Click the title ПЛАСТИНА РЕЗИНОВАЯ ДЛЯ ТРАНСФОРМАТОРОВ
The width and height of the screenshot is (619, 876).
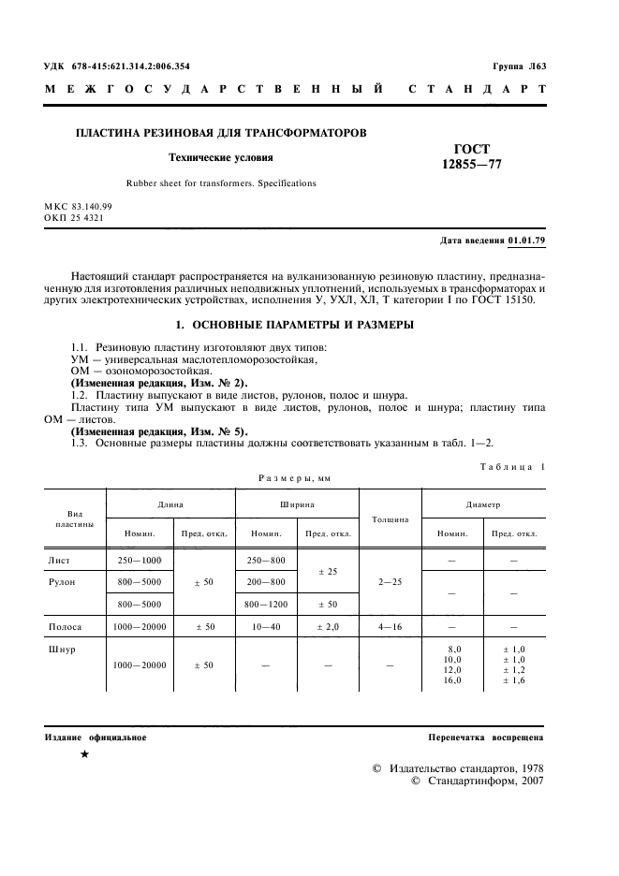pyautogui.click(x=221, y=133)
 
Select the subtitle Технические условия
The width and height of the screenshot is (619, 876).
pyautogui.click(x=220, y=157)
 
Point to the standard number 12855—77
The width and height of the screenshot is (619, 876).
pyautogui.click(x=472, y=165)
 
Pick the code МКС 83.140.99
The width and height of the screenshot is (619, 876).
pyautogui.click(x=78, y=206)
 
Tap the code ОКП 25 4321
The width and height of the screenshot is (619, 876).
pyautogui.click(x=74, y=217)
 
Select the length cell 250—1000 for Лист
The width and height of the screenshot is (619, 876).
pyautogui.click(x=138, y=560)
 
